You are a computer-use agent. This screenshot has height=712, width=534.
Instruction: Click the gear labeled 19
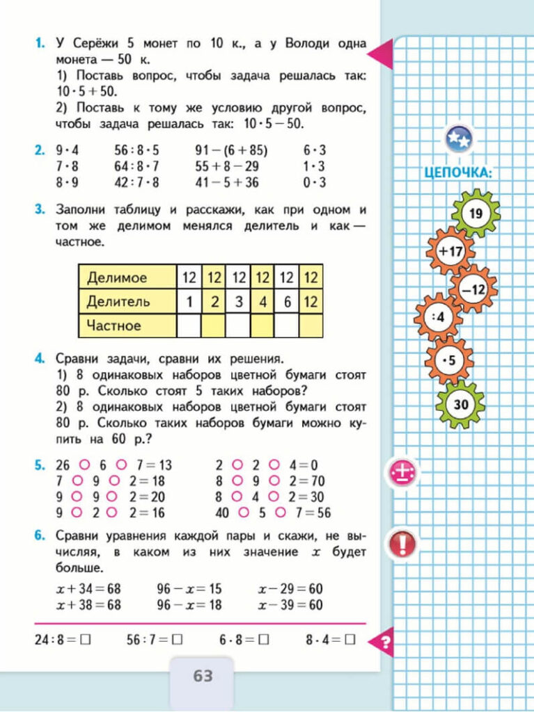pos(476,213)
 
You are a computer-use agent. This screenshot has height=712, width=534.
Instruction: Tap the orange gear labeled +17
pos(450,251)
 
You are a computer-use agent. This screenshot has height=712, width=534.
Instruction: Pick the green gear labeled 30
pos(460,404)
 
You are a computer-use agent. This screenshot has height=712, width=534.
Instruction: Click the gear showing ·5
pos(449,360)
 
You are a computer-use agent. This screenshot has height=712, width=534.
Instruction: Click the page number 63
pos(202,675)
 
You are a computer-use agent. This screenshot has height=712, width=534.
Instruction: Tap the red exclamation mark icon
pos(402,543)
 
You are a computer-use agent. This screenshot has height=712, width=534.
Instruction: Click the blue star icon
pos(459,139)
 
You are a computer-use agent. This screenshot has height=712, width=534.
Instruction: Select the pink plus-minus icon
pos(402,474)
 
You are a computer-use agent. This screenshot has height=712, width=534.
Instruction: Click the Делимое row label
pos(117,277)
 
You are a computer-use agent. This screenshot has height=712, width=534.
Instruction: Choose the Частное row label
pos(114,325)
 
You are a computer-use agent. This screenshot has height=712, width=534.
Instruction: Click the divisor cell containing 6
pos(286,301)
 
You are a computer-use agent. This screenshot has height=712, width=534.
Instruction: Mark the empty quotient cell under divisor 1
pos(189,325)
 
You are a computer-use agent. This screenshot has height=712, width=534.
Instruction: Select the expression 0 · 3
pos(315,183)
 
